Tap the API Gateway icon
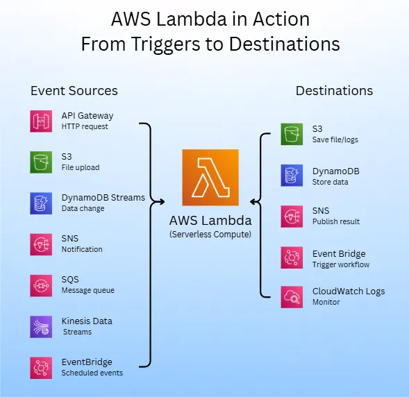coord(41,121)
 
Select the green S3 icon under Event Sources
coord(41,162)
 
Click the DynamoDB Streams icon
coord(41,203)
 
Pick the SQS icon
coord(41,285)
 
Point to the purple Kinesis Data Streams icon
coord(41,326)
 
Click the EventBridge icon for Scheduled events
coord(41,367)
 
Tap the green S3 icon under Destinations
coord(292,134)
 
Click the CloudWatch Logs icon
coord(292,297)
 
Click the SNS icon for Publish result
coord(292,216)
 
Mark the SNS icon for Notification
coord(41,244)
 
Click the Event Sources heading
coord(74,91)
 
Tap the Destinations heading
coord(334,91)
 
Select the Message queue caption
coord(87,291)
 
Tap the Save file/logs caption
coord(335,140)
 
